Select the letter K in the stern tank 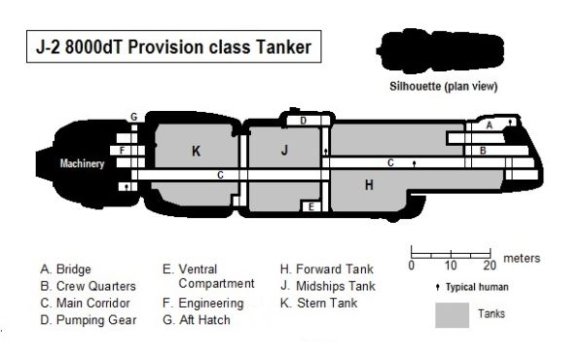[x=196, y=151]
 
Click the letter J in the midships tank [x=284, y=150]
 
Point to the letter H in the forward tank [x=369, y=184]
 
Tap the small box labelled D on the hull [x=304, y=121]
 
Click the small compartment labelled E [x=310, y=206]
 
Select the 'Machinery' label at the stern [x=81, y=163]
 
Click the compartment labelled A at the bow [x=490, y=126]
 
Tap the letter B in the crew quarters [x=482, y=151]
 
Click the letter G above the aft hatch [x=134, y=117]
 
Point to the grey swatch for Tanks [x=450, y=314]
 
